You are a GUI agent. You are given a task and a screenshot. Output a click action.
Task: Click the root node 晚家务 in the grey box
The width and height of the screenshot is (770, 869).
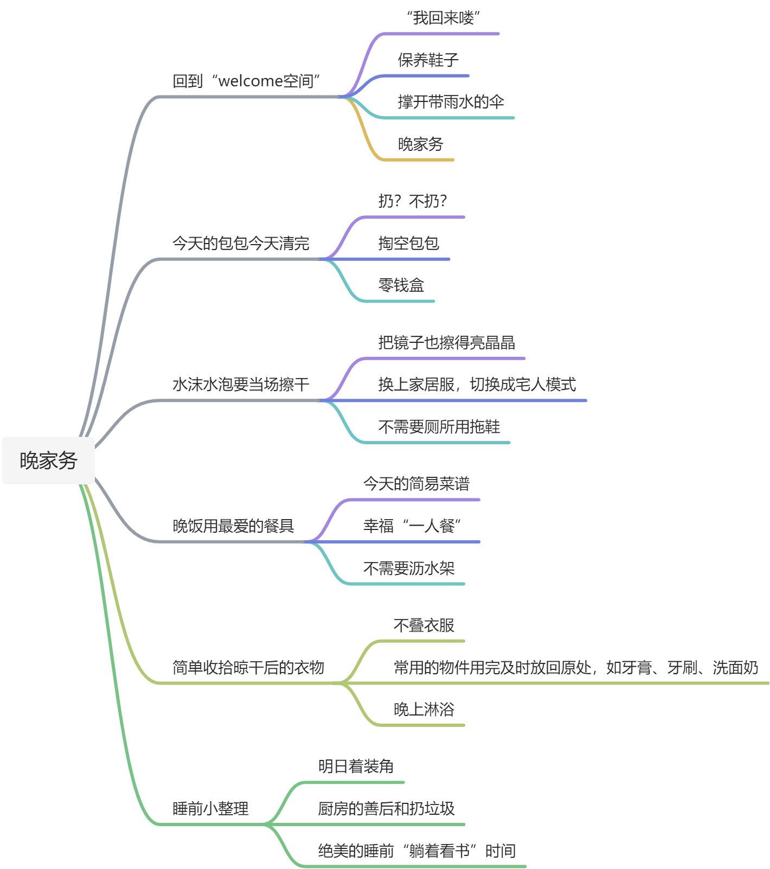click(48, 461)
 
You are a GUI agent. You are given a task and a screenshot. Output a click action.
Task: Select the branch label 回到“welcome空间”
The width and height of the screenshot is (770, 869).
click(246, 81)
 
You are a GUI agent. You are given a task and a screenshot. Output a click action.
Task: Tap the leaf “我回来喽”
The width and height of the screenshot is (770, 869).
click(444, 18)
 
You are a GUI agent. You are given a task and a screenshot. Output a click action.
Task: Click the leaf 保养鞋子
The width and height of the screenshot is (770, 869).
click(428, 60)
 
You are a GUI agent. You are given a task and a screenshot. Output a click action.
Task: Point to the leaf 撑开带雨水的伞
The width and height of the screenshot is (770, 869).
click(451, 102)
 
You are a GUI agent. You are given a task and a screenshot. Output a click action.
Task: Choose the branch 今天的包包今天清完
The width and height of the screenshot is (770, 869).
click(241, 243)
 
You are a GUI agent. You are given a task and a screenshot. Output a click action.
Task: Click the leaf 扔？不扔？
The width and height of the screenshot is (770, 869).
click(413, 201)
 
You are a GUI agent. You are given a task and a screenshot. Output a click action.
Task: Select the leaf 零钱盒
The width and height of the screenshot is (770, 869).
click(401, 285)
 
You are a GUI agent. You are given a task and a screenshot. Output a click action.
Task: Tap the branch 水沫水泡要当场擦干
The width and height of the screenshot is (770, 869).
click(241, 385)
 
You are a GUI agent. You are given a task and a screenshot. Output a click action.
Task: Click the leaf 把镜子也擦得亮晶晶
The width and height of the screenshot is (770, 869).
click(446, 343)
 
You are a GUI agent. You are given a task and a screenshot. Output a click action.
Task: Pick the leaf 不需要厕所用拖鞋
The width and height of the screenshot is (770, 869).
click(439, 427)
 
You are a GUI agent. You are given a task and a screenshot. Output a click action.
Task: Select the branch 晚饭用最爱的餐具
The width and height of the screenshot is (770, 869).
click(233, 526)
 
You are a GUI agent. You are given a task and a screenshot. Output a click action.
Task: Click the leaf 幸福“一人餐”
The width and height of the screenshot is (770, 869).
click(412, 526)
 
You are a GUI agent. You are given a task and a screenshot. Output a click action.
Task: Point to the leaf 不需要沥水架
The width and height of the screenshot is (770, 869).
click(408, 568)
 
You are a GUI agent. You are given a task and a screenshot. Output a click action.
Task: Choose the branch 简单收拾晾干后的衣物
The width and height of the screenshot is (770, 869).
click(248, 667)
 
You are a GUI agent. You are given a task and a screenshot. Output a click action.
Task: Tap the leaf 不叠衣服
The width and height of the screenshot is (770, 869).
click(424, 625)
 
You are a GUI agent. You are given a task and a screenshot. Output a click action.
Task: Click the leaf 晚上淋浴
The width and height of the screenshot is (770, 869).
click(424, 710)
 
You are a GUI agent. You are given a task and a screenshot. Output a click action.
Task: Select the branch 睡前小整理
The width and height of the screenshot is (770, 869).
click(210, 809)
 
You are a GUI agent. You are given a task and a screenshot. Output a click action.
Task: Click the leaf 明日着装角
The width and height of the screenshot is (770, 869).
click(356, 766)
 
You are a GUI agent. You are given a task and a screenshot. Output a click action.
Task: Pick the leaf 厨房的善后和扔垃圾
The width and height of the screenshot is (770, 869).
click(386, 809)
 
